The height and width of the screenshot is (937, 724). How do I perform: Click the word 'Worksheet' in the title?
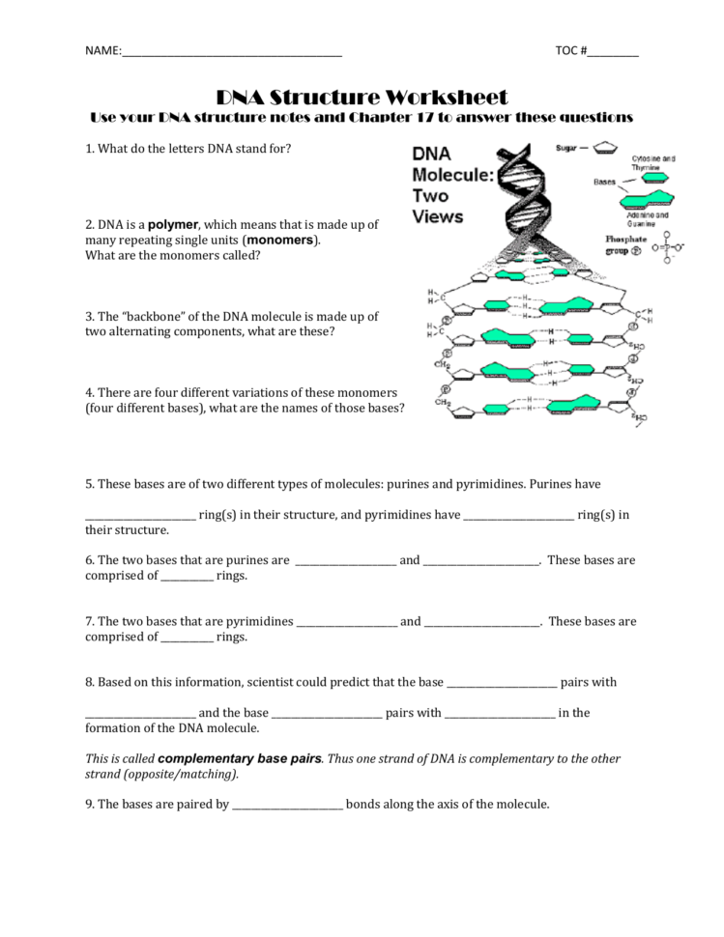click(446, 98)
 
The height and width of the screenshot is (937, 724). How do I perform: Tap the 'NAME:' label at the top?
click(102, 50)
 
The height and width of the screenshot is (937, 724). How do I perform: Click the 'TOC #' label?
click(571, 50)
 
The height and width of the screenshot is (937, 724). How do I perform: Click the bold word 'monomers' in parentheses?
click(280, 240)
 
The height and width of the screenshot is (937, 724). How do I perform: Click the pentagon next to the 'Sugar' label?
click(605, 149)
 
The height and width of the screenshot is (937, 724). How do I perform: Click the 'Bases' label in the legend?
click(605, 181)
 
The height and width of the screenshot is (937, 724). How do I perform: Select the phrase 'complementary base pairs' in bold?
click(239, 759)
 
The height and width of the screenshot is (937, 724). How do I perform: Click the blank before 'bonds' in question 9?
click(287, 805)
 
